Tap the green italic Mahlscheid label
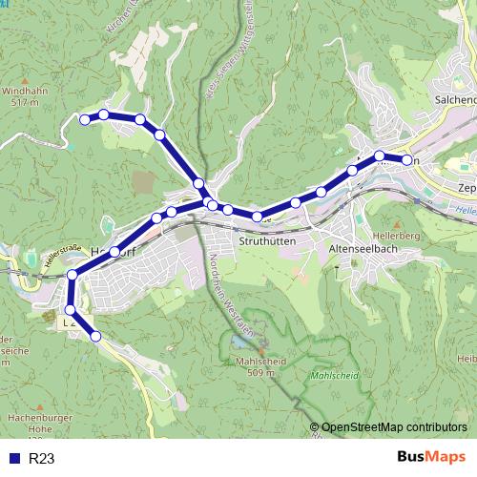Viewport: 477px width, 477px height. click(334, 375)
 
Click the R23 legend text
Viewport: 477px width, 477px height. click(42, 459)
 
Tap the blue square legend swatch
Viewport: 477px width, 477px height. click(14, 459)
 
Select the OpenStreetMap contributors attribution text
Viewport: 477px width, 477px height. click(394, 427)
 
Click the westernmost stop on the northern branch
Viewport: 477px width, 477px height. click(85, 119)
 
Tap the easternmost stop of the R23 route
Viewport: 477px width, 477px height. click(407, 160)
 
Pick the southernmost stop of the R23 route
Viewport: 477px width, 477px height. click(95, 336)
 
